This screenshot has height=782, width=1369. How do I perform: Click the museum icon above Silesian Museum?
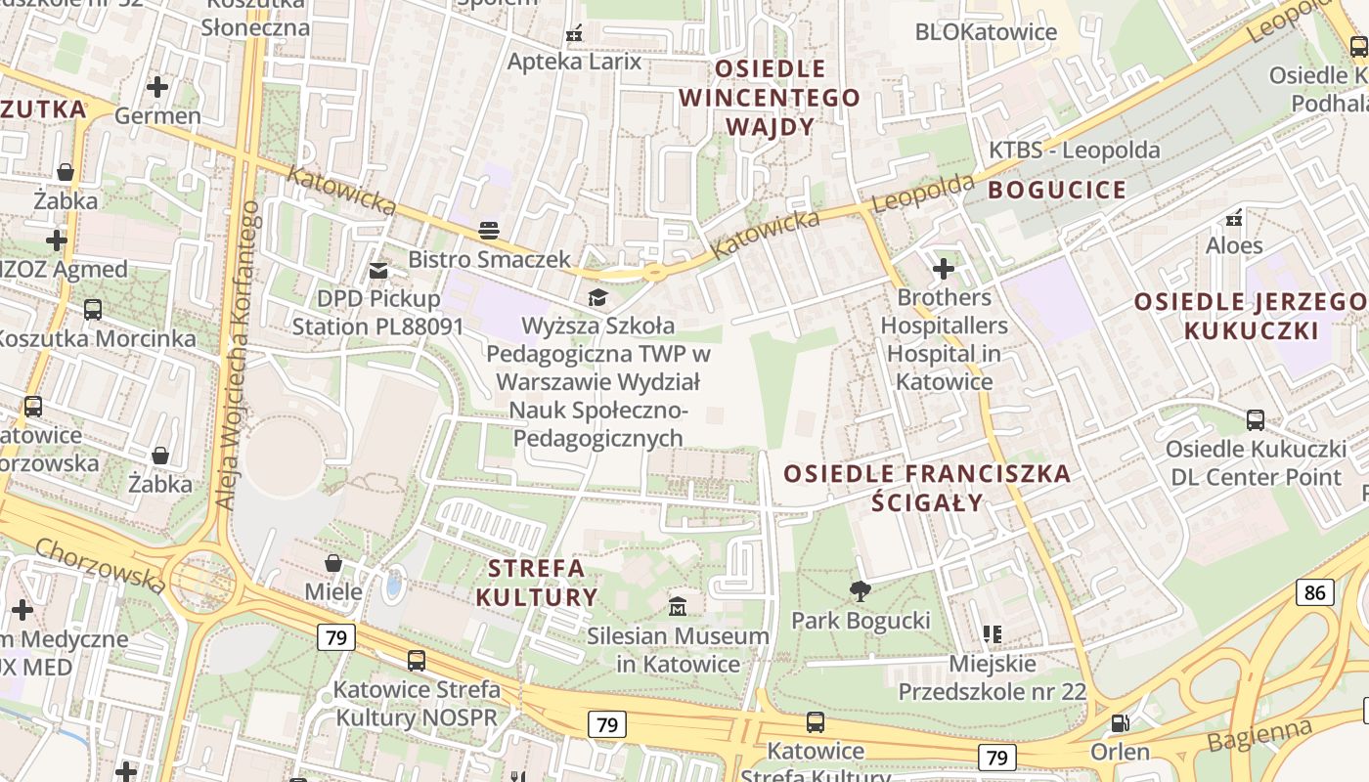[x=678, y=606]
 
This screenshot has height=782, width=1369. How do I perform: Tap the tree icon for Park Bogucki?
[x=861, y=590]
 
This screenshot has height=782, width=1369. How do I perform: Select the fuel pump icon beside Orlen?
[x=1120, y=723]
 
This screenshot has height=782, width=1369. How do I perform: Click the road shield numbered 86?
[x=1315, y=591]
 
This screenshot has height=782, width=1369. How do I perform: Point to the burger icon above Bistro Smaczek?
[x=489, y=231]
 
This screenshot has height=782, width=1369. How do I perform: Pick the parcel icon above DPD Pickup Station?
[x=377, y=269]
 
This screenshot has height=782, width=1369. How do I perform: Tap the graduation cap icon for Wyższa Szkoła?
[x=596, y=296]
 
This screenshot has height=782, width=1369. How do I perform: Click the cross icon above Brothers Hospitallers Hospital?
[x=944, y=268]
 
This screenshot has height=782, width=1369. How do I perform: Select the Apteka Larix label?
[x=574, y=62]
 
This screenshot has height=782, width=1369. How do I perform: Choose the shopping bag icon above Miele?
[x=333, y=563]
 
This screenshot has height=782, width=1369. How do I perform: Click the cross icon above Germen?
[x=157, y=87]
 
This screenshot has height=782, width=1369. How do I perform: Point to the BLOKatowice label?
[x=986, y=32]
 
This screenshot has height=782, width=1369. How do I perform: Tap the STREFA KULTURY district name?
[x=536, y=583]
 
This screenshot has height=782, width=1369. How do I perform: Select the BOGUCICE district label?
[x=1057, y=190]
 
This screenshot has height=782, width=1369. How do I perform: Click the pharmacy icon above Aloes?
[x=1234, y=217]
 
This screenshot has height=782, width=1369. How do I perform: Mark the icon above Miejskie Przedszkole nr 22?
[x=993, y=634]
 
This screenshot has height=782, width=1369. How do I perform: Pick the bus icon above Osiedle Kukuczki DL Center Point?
[x=1256, y=420]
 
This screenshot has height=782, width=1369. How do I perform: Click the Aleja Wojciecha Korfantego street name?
[x=236, y=354]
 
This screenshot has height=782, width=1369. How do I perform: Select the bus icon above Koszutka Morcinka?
[x=93, y=310]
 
